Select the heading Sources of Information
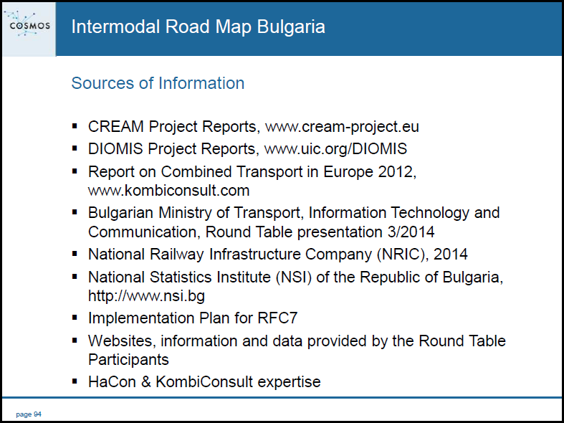[158, 83]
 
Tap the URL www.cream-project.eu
[342, 127]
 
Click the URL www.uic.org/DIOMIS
[335, 149]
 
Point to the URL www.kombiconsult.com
[168, 191]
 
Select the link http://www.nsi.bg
[146, 296]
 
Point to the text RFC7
[277, 318]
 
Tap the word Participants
[128, 360]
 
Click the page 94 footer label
[29, 414]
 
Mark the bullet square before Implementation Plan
[75, 318]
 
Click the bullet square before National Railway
[75, 254]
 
